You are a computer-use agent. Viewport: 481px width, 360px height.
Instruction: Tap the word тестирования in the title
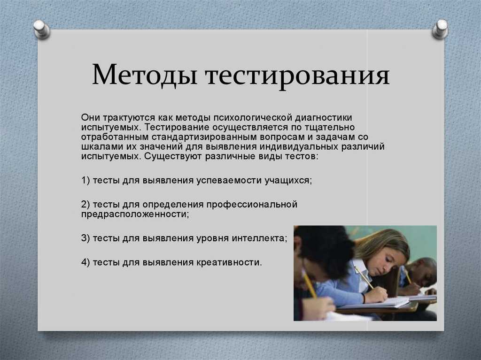[297, 76]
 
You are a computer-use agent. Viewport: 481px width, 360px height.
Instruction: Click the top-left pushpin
[42, 29]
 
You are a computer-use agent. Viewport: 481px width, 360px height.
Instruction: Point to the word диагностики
[324, 117]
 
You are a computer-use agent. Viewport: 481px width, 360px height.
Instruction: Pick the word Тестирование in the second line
[176, 127]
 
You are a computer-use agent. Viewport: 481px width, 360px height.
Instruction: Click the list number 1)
[85, 180]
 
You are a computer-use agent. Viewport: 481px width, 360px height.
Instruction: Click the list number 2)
[85, 204]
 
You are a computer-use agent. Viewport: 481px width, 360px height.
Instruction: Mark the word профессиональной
[252, 205]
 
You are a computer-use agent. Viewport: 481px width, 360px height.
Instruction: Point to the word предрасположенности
[135, 214]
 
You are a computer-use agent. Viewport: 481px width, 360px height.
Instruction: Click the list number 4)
[85, 262]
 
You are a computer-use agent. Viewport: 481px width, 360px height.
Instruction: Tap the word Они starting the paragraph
[91, 117]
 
